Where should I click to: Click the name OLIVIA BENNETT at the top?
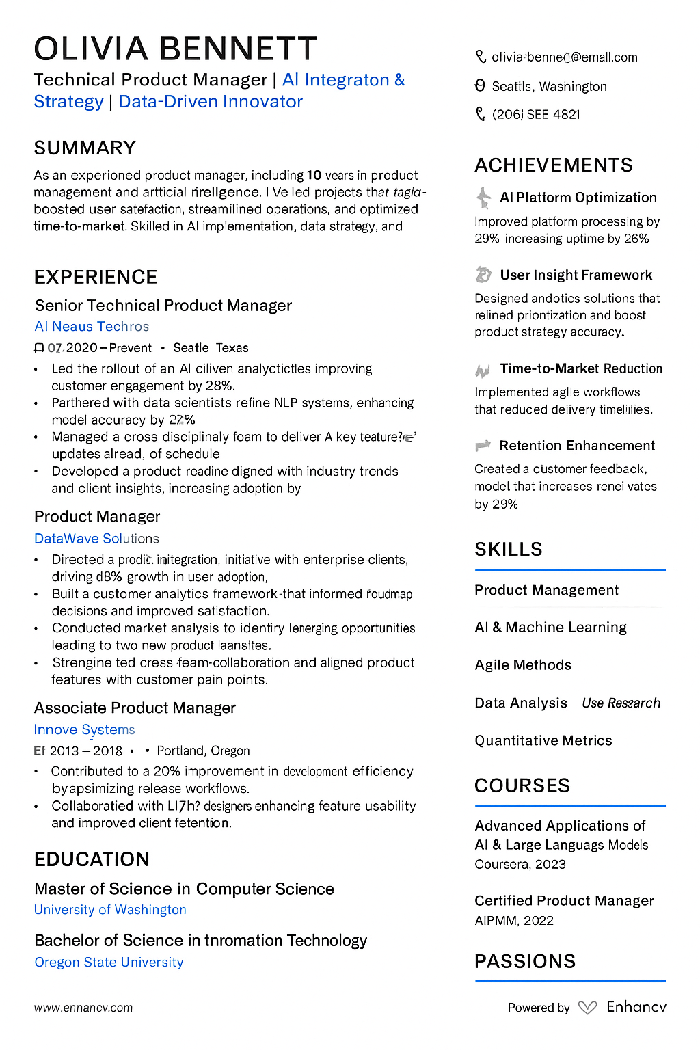point(175,49)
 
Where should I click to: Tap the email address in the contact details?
point(564,57)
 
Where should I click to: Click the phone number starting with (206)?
point(536,114)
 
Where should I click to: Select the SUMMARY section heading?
point(85,148)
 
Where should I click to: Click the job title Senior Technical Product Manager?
point(163,306)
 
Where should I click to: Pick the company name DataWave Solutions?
point(96,539)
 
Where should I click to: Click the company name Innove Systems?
point(84,730)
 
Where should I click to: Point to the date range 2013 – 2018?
point(86,751)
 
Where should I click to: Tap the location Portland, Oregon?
point(203,751)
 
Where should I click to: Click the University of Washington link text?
point(110,910)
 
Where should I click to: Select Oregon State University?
point(109,962)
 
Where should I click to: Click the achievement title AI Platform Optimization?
point(578,198)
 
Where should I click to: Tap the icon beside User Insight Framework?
point(483,275)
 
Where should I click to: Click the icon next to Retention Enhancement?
point(483,446)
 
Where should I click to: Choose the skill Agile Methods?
point(523,665)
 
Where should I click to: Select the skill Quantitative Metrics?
point(543,740)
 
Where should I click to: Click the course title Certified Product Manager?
point(564,901)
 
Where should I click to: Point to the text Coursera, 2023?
point(520,864)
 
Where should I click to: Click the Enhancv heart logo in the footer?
point(587,1008)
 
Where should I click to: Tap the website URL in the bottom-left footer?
point(83,1008)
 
